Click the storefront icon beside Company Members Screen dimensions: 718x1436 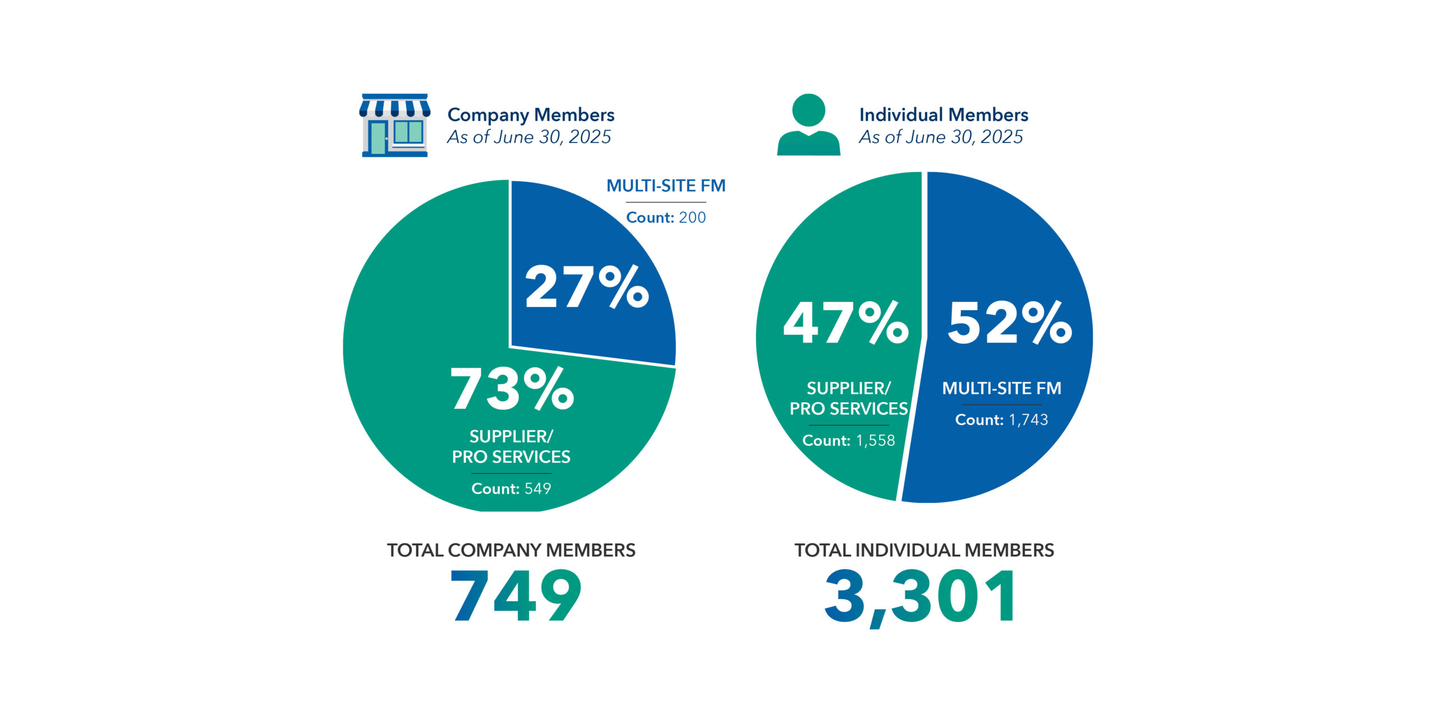395,125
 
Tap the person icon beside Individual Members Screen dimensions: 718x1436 808,125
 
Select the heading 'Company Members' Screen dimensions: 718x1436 531,115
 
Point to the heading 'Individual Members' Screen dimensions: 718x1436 943,115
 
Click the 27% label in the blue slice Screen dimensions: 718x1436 587,287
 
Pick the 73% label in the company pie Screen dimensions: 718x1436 512,389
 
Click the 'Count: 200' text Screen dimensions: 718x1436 666,218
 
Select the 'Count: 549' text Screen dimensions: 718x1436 511,489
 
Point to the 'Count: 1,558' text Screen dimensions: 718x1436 849,440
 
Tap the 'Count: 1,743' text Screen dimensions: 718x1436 1001,420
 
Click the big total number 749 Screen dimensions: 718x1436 516,596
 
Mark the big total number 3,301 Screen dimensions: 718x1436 920,596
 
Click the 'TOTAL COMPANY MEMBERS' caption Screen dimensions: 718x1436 511,550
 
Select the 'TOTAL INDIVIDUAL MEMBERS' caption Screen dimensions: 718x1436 924,550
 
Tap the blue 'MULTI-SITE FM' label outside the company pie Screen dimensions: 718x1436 666,186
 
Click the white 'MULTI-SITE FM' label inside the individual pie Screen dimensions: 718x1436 1001,388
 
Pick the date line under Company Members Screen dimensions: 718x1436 529,137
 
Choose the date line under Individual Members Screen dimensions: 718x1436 941,137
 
